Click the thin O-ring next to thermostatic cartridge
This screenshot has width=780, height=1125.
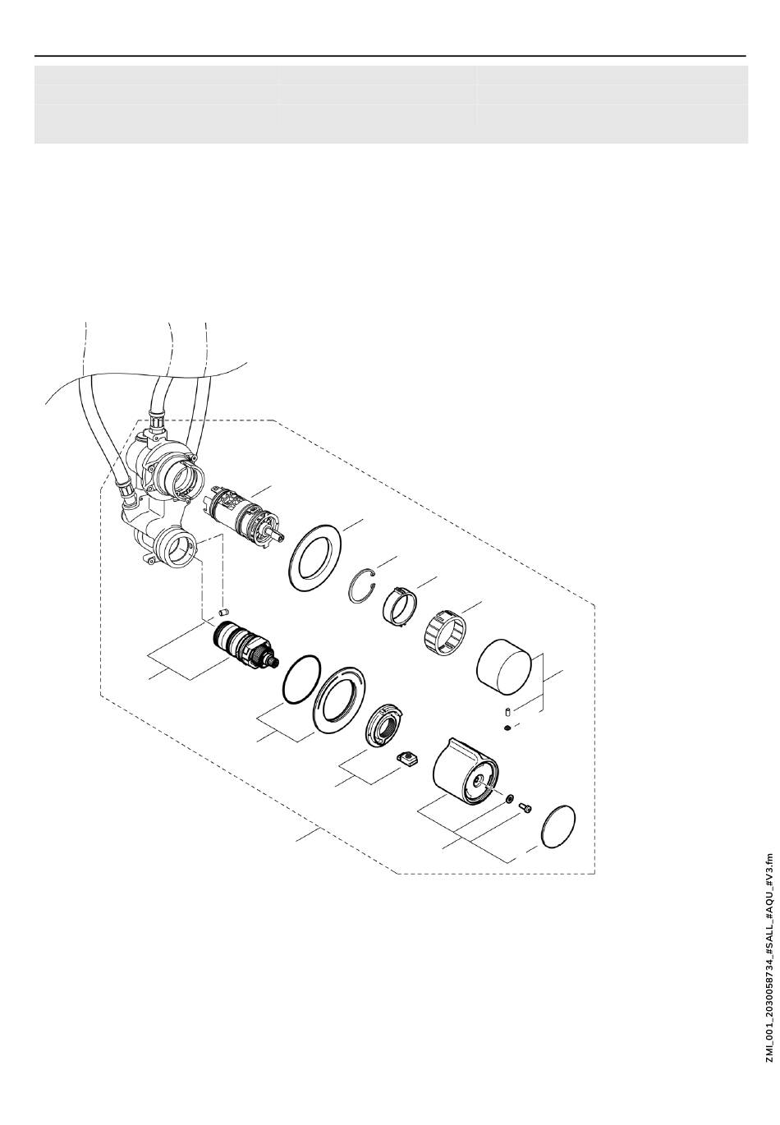pyautogui.click(x=300, y=680)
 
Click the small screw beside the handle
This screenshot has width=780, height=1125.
pyautogui.click(x=526, y=808)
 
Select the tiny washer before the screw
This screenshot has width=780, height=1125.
pyautogui.click(x=511, y=798)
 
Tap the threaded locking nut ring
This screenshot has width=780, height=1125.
pyautogui.click(x=384, y=724)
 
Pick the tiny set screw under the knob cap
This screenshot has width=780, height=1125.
pyautogui.click(x=508, y=728)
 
